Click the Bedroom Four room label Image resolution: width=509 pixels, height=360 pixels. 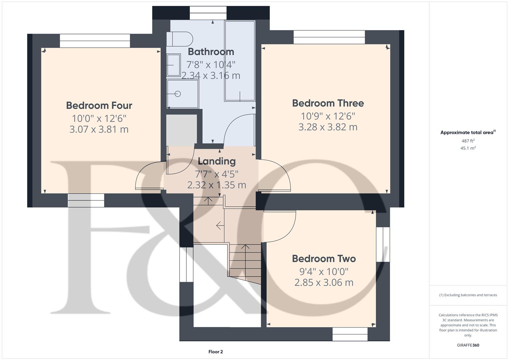99,106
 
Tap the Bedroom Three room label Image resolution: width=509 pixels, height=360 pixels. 328,103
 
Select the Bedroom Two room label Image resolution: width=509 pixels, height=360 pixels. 324,259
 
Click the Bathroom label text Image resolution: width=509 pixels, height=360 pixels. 211,52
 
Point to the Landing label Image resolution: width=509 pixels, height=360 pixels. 217,161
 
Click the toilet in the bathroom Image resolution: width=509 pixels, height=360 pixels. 180,39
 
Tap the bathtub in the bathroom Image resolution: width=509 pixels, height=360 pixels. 240,61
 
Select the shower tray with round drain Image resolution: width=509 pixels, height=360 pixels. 182,94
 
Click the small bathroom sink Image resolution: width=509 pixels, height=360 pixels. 173,65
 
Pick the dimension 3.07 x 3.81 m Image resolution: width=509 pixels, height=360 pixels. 99,129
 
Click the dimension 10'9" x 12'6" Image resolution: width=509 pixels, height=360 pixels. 328,116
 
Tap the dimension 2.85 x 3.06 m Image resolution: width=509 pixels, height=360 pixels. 324,283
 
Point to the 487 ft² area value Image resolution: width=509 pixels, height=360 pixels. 468,141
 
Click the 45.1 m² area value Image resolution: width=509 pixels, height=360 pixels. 468,148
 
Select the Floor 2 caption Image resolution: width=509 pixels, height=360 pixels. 215,352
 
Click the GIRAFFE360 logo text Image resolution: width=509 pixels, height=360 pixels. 468,345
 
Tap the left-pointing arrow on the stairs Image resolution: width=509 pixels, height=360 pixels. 220,226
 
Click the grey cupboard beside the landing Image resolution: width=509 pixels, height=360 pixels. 181,130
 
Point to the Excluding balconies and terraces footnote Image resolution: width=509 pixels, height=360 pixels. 468,295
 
